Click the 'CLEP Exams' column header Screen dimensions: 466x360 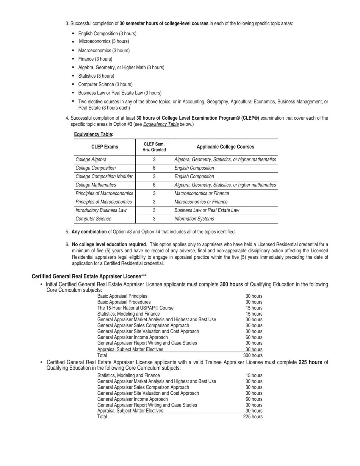[105, 147]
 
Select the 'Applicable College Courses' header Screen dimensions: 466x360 [225, 147]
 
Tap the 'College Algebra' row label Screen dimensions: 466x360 [91, 160]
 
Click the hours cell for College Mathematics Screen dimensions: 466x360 [154, 185]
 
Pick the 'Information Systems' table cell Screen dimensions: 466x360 [194, 219]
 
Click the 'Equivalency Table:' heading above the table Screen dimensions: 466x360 [93, 134]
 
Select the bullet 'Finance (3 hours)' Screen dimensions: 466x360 [95, 59]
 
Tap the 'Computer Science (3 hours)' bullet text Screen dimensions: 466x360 [105, 84]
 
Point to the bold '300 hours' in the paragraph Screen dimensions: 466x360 [231, 285]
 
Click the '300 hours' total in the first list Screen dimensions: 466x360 [253, 355]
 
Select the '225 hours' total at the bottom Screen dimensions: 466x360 [253, 417]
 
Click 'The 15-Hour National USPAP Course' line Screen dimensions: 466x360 [135, 308]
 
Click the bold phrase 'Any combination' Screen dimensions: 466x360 [89, 232]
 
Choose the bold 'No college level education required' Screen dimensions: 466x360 [109, 244]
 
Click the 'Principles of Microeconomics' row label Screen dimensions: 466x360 [103, 202]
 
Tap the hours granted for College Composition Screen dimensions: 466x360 [154, 168]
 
